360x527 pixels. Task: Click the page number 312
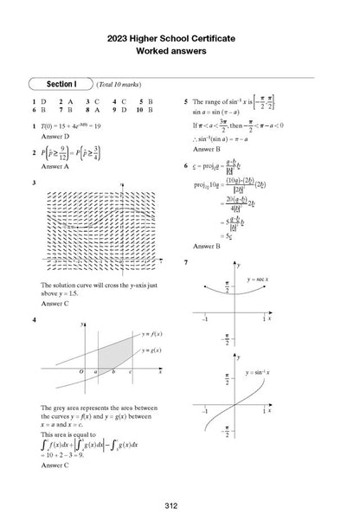180,505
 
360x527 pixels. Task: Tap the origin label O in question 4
80,371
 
